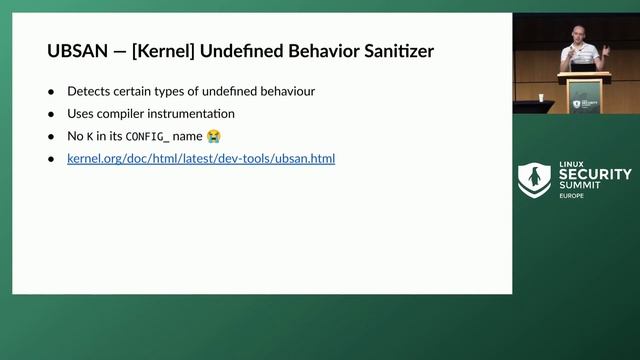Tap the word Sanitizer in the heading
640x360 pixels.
click(x=397, y=51)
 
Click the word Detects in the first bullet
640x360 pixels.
click(x=89, y=91)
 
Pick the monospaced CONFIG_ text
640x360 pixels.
click(x=148, y=136)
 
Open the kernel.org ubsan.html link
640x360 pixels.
click(x=201, y=158)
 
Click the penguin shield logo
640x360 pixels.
click(x=534, y=180)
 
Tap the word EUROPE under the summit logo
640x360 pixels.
click(x=572, y=196)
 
